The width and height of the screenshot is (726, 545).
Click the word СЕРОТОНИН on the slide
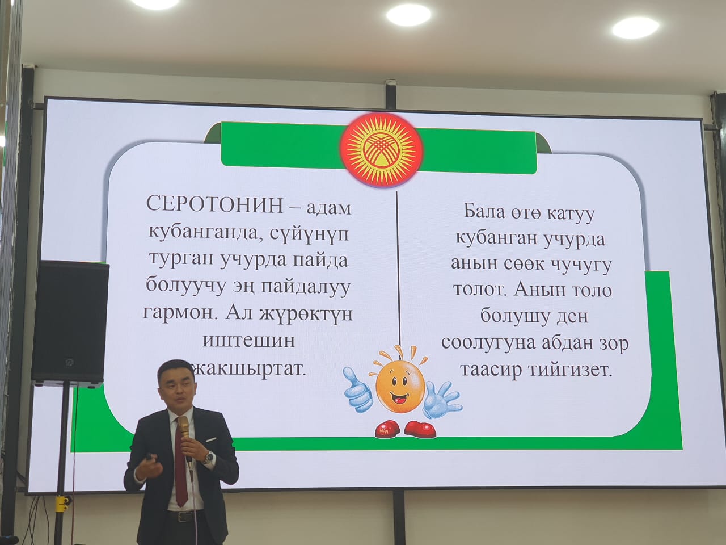tap(214, 205)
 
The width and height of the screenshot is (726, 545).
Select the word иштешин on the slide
tap(248, 341)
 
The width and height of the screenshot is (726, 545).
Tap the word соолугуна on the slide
tap(488, 344)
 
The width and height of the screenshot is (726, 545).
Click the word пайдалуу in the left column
tap(305, 288)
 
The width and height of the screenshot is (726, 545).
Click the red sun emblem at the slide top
tap(382, 150)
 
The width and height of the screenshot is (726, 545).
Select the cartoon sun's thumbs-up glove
tap(358, 389)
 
